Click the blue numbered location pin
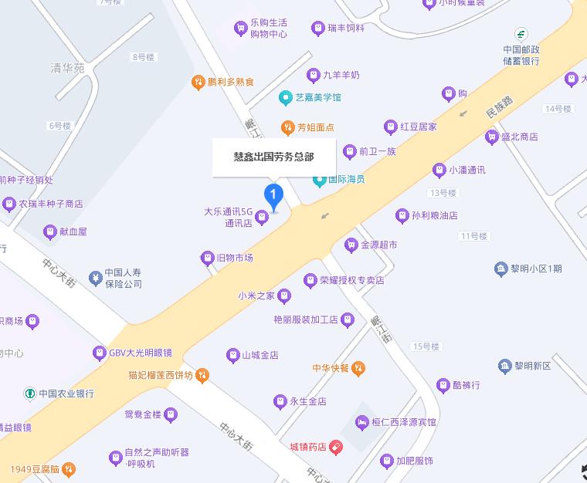(x=273, y=195)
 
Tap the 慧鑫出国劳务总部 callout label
(x=274, y=156)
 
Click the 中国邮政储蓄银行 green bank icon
(x=521, y=35)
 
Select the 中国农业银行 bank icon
(x=30, y=393)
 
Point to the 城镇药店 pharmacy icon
(x=335, y=447)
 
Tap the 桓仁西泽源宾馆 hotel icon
(x=361, y=422)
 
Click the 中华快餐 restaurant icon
(x=358, y=368)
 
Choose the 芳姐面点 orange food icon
(x=287, y=127)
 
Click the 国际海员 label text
(x=346, y=180)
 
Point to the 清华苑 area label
(x=67, y=68)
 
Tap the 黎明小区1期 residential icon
(x=500, y=269)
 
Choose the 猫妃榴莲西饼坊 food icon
(x=202, y=376)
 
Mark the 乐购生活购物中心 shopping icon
(x=240, y=29)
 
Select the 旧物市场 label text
(x=235, y=258)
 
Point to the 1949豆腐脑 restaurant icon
(x=69, y=468)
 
